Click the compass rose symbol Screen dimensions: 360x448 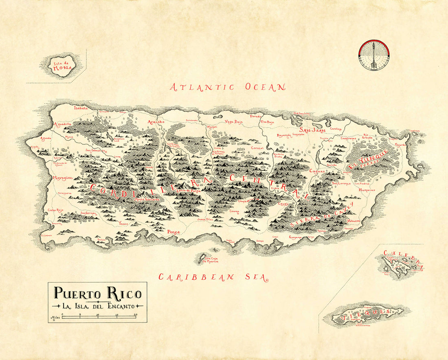pos(374,55)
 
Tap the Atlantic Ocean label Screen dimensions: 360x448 pos(228,87)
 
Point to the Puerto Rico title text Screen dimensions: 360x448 pos(98,294)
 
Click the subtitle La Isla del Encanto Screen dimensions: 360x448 pos(97,306)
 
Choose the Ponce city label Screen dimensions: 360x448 pos(173,232)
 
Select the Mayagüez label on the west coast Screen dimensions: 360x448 pos(62,178)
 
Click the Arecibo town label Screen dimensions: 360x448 pos(156,122)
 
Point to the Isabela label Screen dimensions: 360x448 pos(81,108)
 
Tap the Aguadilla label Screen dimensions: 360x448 pos(62,124)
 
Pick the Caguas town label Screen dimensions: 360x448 pos(316,171)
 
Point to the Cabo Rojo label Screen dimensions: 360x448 pos(57,210)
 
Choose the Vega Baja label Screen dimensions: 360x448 pos(234,122)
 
